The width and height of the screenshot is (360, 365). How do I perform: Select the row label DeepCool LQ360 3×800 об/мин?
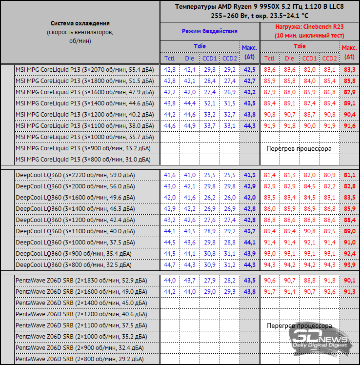click(x=73, y=264)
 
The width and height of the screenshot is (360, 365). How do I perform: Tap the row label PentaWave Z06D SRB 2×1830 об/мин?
click(x=81, y=280)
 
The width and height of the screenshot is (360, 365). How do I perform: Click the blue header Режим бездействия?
click(x=209, y=31)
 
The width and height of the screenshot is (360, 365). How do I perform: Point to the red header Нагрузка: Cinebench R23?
click(x=309, y=27)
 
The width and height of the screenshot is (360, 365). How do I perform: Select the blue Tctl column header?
click(x=170, y=58)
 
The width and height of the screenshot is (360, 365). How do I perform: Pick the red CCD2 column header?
click(x=329, y=58)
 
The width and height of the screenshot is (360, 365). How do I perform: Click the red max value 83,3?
click(x=349, y=70)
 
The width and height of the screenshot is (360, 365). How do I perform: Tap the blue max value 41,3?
click(x=249, y=175)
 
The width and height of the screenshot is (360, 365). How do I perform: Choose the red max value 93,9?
click(x=349, y=264)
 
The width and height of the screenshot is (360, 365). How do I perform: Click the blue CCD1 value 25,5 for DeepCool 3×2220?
click(x=210, y=175)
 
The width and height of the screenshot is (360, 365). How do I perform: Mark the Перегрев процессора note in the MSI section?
click(x=299, y=148)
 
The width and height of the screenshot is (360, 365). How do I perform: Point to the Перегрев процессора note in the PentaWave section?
click(x=299, y=325)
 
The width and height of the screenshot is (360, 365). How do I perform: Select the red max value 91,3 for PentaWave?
click(x=349, y=291)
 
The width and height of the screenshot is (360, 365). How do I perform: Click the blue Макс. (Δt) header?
click(x=249, y=52)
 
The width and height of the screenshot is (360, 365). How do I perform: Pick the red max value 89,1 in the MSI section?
click(x=349, y=103)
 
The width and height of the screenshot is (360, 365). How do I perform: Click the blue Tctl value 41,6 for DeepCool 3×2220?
click(x=170, y=175)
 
